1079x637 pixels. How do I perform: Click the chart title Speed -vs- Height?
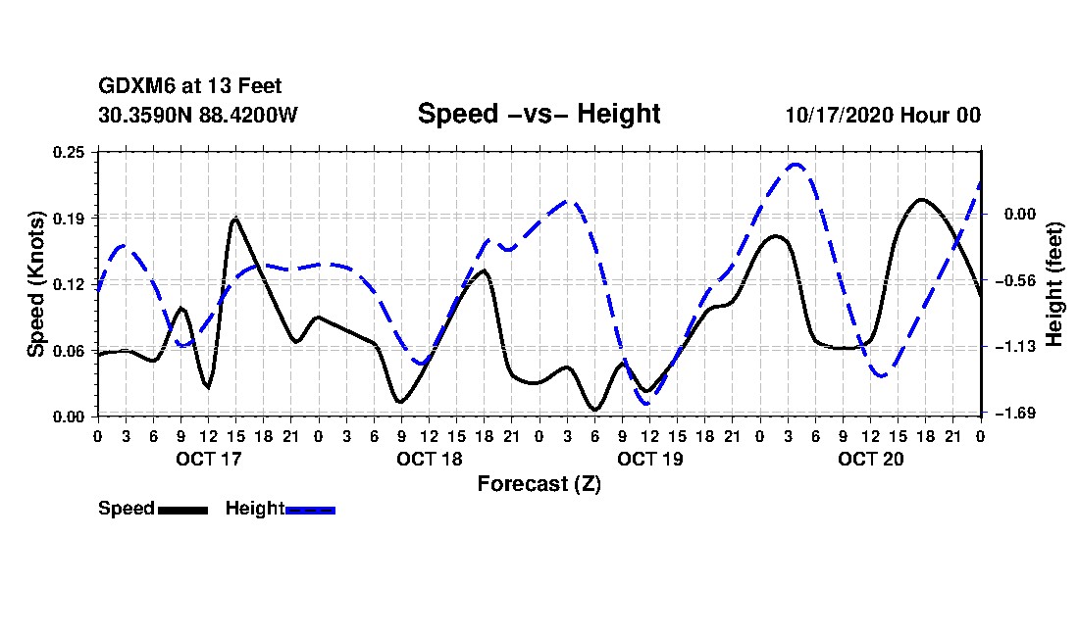click(x=539, y=114)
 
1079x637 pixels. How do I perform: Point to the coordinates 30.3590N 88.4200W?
click(x=198, y=115)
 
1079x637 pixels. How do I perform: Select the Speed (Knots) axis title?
click(x=35, y=283)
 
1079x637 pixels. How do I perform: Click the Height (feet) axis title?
click(x=1055, y=283)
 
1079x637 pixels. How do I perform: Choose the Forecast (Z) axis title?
click(x=539, y=483)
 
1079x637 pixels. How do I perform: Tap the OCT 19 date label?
click(x=650, y=459)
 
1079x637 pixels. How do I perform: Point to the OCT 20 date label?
click(x=871, y=459)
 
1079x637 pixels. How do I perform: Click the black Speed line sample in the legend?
click(x=182, y=510)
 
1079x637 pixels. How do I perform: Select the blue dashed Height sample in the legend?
click(x=310, y=510)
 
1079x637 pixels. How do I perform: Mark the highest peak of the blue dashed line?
click(x=796, y=165)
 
